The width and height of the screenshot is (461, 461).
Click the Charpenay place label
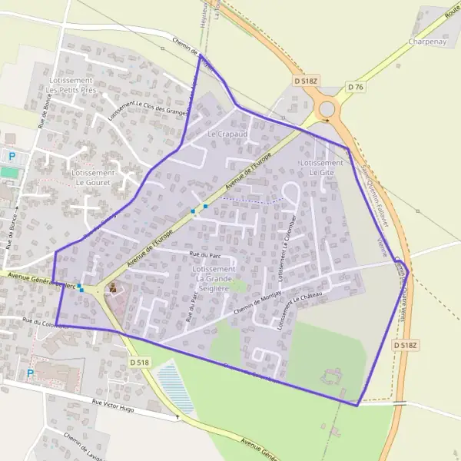click(428, 41)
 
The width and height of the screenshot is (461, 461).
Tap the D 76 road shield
click(354, 87)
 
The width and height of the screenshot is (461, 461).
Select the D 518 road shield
click(140, 362)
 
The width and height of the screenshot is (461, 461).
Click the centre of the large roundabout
click(327, 109)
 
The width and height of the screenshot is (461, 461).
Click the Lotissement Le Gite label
click(322, 168)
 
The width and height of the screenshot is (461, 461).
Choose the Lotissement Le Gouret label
click(93, 178)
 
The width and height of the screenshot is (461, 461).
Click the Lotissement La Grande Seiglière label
click(214, 274)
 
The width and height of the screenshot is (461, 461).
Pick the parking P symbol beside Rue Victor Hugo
click(31, 374)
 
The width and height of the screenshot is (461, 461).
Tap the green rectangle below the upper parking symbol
click(9, 173)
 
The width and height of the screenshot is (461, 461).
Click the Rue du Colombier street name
click(46, 323)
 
